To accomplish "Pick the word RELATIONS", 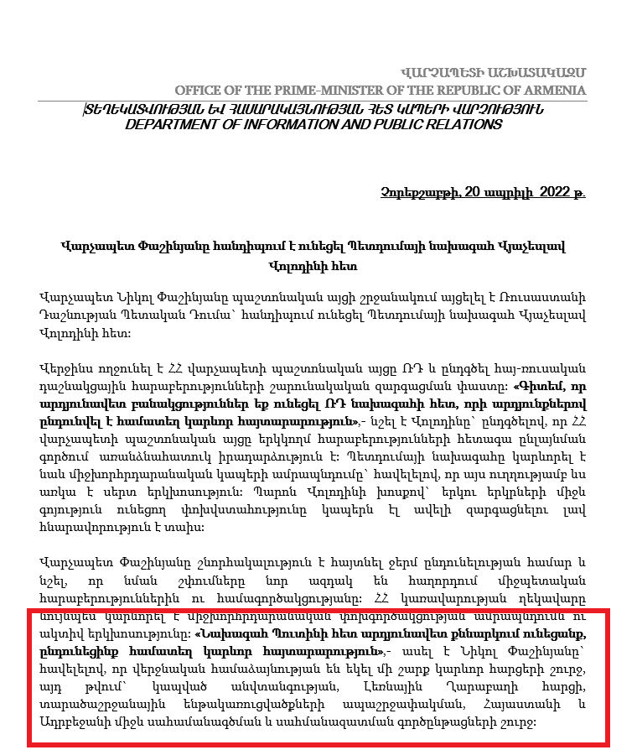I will pyautogui.click(x=458, y=124).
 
